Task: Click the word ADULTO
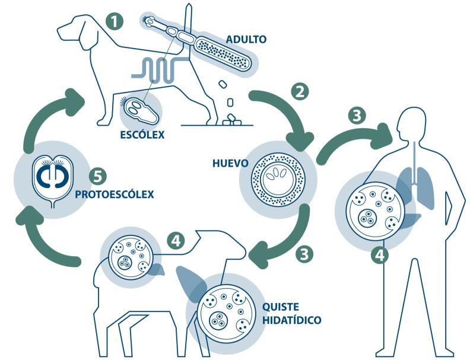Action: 246,39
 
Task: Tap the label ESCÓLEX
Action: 142,135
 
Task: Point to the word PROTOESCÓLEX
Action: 114,195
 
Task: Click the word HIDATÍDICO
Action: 291,320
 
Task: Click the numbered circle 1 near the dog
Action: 115,21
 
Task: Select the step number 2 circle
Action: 300,92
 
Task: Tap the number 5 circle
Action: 98,177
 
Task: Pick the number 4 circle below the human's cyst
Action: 380,256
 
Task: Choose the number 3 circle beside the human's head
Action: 357,115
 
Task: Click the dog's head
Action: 74,28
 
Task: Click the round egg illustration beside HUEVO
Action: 278,179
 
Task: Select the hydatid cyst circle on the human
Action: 376,211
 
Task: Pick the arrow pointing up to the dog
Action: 45,114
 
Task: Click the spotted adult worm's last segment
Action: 223,54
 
